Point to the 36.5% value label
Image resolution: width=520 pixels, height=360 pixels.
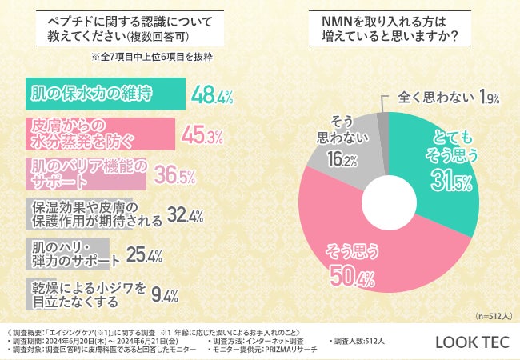click(174, 174)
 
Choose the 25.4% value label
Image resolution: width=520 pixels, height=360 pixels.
click(144, 255)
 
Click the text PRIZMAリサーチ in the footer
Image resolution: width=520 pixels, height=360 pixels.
click(277, 350)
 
